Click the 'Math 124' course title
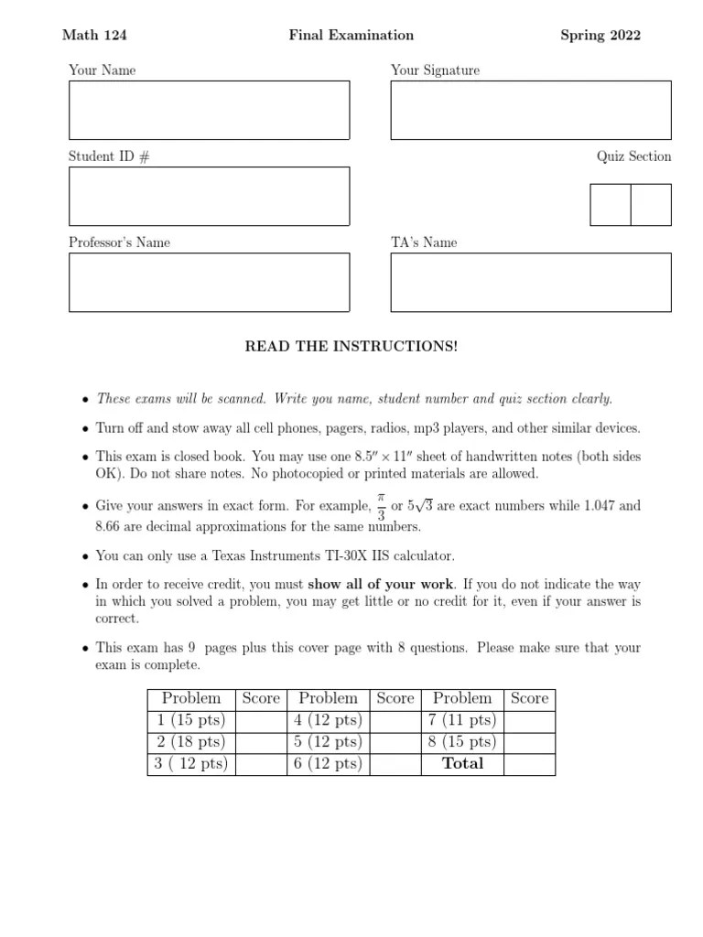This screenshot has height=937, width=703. click(94, 36)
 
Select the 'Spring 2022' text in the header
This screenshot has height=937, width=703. click(600, 36)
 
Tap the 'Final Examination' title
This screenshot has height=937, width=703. click(351, 36)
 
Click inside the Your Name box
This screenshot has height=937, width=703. click(209, 111)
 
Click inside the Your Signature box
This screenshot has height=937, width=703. click(531, 111)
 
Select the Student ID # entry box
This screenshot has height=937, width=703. click(209, 196)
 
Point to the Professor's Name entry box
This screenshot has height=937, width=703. click(209, 282)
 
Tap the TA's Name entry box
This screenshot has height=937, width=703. click(531, 282)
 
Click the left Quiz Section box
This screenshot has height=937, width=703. click(611, 205)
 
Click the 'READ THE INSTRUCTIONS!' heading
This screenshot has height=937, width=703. click(351, 347)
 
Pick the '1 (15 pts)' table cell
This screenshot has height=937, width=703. click(191, 720)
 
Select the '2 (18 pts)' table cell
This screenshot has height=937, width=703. click(191, 742)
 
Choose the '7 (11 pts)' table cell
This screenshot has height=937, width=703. click(462, 720)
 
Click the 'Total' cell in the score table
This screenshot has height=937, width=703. click(462, 764)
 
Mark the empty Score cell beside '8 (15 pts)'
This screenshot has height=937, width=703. click(529, 742)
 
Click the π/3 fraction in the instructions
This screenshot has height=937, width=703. click(382, 506)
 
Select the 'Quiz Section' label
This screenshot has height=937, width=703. click(633, 156)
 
